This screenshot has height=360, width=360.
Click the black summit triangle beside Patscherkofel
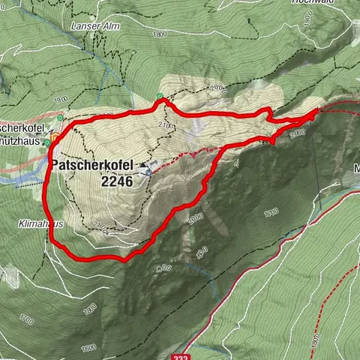(x=142, y=163)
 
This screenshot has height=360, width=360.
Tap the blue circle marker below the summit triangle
(x=148, y=172)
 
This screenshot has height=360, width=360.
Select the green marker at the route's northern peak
(x=160, y=96)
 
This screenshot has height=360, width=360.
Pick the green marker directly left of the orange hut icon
(x=46, y=142)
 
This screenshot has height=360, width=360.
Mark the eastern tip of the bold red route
(x=316, y=111)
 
